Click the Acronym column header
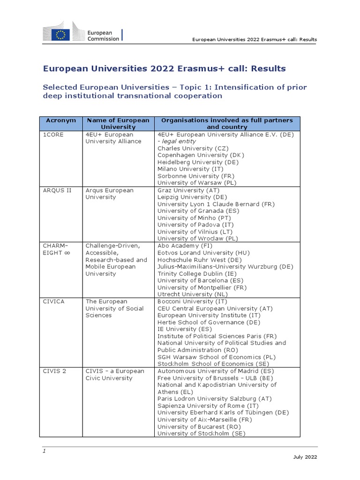[x=60, y=120]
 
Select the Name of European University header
[x=118, y=124]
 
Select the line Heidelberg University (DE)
[x=198, y=162]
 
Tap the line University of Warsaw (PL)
[x=196, y=183]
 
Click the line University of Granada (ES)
[x=198, y=211]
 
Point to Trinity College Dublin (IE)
[x=197, y=274]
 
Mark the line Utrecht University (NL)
[x=193, y=294]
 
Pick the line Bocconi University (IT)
[x=192, y=301]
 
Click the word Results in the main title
[x=268, y=69]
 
